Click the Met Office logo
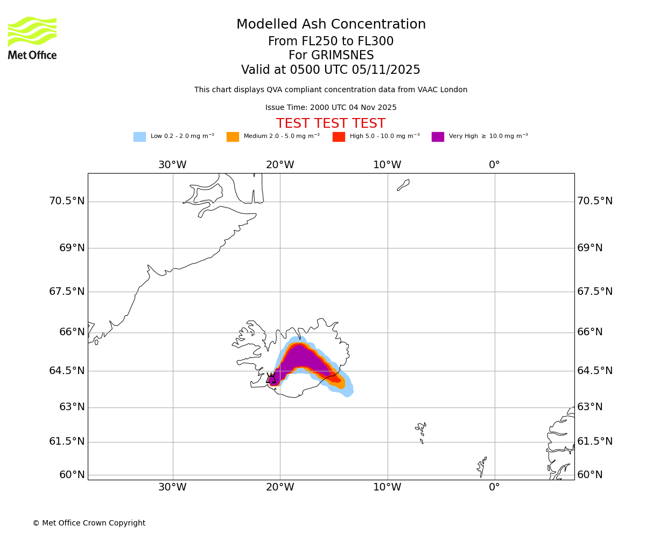coord(32,38)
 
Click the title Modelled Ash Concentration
coord(331,24)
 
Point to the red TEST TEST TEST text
coord(331,123)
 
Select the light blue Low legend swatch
coord(139,136)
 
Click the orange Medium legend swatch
coord(233,136)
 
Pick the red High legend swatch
coord(339,136)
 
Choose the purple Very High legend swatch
coord(438,136)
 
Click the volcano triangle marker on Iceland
coord(271,378)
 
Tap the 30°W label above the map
coord(172,165)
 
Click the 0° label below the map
coord(494,487)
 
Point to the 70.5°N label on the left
coord(67,201)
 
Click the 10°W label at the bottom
coord(387,487)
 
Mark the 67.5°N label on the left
coord(67,292)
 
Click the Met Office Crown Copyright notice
coord(89,523)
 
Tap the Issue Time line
coord(331,108)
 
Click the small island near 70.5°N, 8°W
coord(403,185)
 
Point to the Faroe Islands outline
coord(421,431)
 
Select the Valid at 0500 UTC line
coord(331,70)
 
